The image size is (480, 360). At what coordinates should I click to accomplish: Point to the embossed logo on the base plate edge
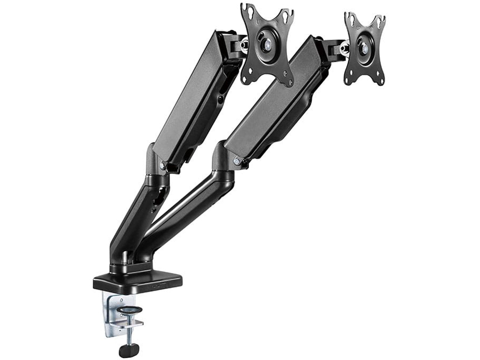point(159,287)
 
